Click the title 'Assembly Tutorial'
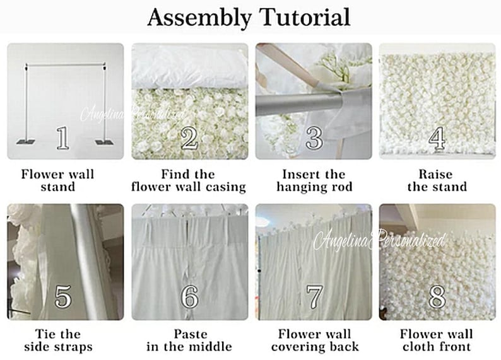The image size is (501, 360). (249, 18)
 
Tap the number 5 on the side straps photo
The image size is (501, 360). (62, 296)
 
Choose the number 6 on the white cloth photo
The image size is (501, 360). (189, 296)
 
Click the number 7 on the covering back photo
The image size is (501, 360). (314, 296)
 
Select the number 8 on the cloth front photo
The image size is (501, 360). (437, 296)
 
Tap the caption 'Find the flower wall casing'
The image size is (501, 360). (189, 180)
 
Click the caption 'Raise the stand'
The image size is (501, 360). (437, 180)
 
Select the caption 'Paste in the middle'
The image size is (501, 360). (189, 340)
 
